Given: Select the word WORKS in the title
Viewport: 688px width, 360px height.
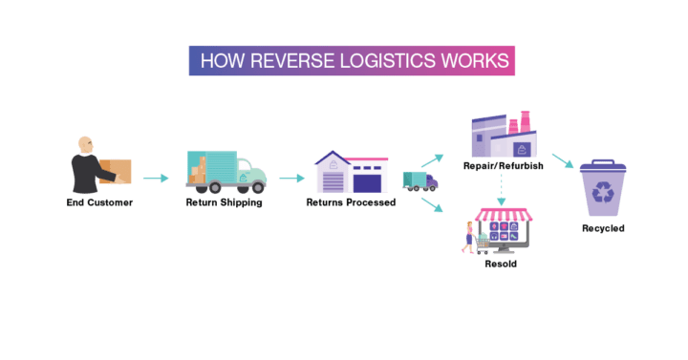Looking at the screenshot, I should pyautogui.click(x=469, y=60).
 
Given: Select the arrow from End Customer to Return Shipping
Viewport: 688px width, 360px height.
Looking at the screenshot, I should pyautogui.click(x=156, y=178).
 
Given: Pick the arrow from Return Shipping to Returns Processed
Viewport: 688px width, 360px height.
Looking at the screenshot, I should pyautogui.click(x=291, y=178).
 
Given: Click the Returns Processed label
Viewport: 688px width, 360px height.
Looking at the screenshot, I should pyautogui.click(x=351, y=202).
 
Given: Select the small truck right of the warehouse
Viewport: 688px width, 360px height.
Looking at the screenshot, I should pyautogui.click(x=420, y=180).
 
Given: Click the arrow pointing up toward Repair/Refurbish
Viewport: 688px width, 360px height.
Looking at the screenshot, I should pyautogui.click(x=432, y=158).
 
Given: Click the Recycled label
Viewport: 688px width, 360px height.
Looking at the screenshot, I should pyautogui.click(x=603, y=229).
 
